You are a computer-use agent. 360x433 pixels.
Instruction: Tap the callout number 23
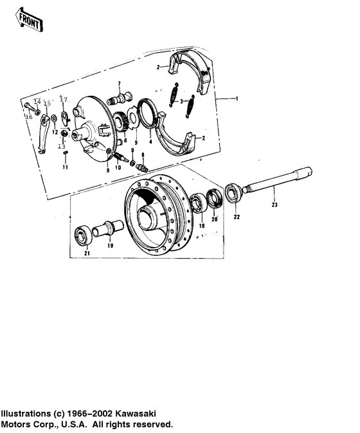pyautogui.click(x=274, y=205)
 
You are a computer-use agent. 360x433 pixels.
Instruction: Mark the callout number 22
pyautogui.click(x=237, y=217)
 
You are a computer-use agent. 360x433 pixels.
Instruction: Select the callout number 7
pyautogui.click(x=119, y=84)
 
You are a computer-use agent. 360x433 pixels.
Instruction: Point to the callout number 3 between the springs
pyautogui.click(x=182, y=101)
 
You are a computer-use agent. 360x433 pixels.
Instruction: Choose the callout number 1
pyautogui.click(x=237, y=98)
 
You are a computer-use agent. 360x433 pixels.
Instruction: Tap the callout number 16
pyautogui.click(x=28, y=116)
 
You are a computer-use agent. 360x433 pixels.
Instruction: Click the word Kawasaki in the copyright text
pyautogui.click(x=139, y=413)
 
